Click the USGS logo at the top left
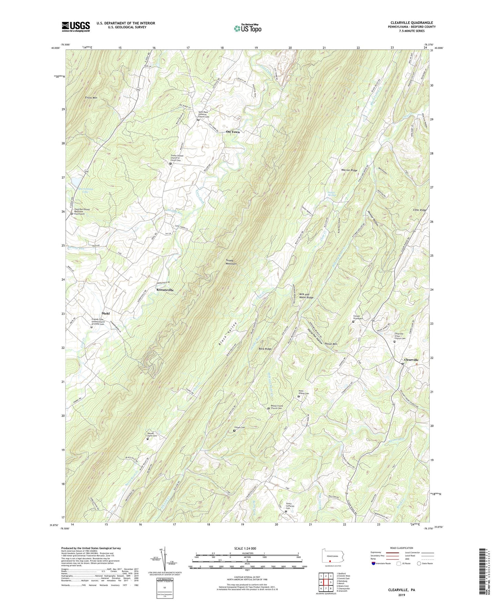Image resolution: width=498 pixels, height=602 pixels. click(x=76, y=27)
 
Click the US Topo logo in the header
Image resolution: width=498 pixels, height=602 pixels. click(x=247, y=28)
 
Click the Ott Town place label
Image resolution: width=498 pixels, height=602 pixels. click(x=233, y=132)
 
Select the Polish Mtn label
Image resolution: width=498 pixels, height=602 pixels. click(x=331, y=344)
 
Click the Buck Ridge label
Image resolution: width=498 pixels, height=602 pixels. click(x=265, y=349)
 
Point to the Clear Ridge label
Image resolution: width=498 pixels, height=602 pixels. click(x=419, y=210)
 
